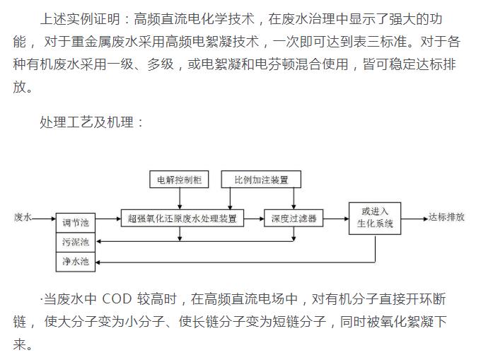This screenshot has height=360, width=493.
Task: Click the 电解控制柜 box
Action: [x=180, y=180]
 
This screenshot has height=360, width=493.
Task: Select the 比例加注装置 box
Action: [x=261, y=180]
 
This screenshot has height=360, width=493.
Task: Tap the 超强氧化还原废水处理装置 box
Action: [x=182, y=218]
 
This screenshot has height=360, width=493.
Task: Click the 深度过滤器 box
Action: [x=293, y=218]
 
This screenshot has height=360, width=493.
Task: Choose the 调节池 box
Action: [x=75, y=223]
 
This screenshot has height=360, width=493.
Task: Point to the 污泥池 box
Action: [x=75, y=243]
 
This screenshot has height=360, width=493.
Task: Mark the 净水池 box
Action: [x=75, y=262]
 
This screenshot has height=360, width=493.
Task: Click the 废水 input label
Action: [x=23, y=218]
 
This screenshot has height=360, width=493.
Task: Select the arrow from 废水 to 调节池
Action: [x=44, y=219]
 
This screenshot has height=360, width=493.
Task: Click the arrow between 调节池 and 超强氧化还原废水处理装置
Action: [x=108, y=219]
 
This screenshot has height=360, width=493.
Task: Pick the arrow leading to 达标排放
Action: [x=418, y=219]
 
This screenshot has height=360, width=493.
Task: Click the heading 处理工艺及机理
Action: [x=92, y=122]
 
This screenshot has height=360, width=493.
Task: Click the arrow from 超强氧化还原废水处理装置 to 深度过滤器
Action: [x=254, y=219]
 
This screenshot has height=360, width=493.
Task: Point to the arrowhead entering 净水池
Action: [x=98, y=262]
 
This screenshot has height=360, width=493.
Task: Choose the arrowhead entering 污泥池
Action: [x=98, y=243]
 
